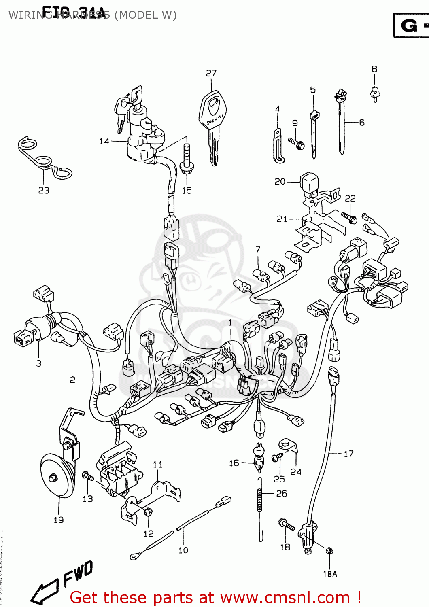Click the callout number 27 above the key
[x=211, y=73]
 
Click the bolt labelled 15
[x=187, y=160]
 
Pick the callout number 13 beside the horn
[x=88, y=499]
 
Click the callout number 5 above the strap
[x=313, y=90]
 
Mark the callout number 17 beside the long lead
[x=348, y=454]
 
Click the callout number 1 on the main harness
[x=230, y=323]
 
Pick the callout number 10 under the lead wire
[x=183, y=550]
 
